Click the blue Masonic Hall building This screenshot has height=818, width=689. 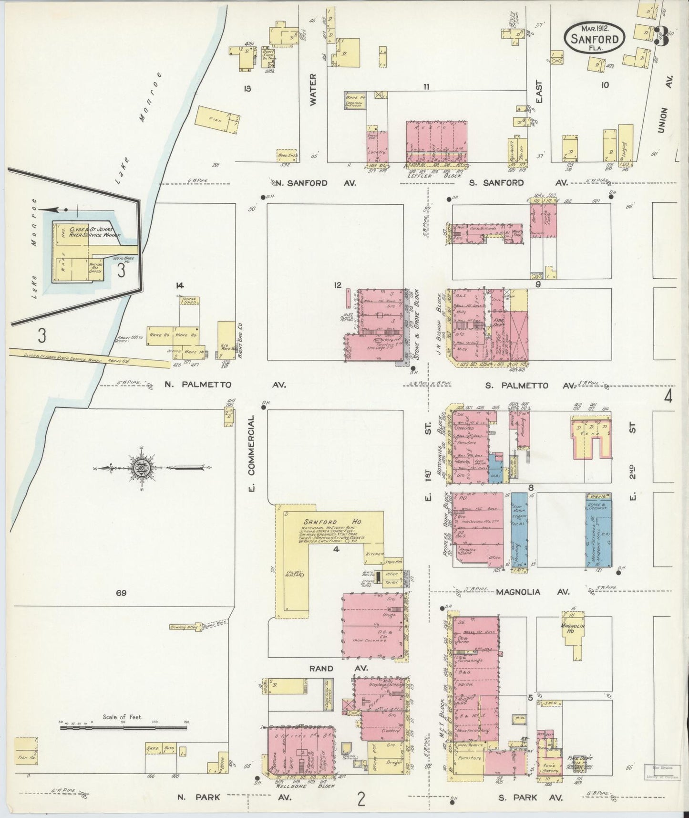coord(599,530)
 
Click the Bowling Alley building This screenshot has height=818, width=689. coord(185,627)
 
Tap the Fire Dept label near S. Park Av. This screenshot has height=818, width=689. coord(580,757)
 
